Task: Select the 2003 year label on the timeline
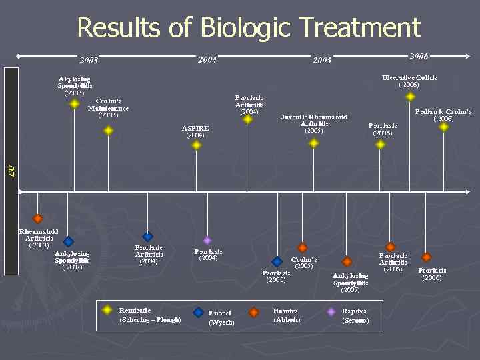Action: (x=89, y=61)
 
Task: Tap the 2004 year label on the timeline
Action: (x=207, y=60)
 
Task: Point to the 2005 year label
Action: (x=322, y=61)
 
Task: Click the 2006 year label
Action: (x=419, y=56)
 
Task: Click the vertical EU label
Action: (x=11, y=171)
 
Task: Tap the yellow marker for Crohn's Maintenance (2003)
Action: (x=109, y=131)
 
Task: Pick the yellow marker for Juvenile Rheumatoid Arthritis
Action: (x=314, y=141)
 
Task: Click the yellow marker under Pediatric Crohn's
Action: (x=444, y=127)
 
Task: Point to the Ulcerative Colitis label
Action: (x=409, y=78)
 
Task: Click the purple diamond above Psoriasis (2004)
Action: (x=207, y=240)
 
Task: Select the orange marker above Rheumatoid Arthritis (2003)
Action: (x=38, y=219)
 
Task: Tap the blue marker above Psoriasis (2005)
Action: (x=277, y=262)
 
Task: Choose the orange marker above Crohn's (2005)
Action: (x=303, y=248)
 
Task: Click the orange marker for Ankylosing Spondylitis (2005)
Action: (x=347, y=262)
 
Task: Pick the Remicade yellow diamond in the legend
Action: (x=107, y=310)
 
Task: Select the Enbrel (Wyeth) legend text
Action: (x=220, y=317)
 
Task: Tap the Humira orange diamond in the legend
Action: (x=254, y=311)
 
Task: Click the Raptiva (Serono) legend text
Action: (x=355, y=315)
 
